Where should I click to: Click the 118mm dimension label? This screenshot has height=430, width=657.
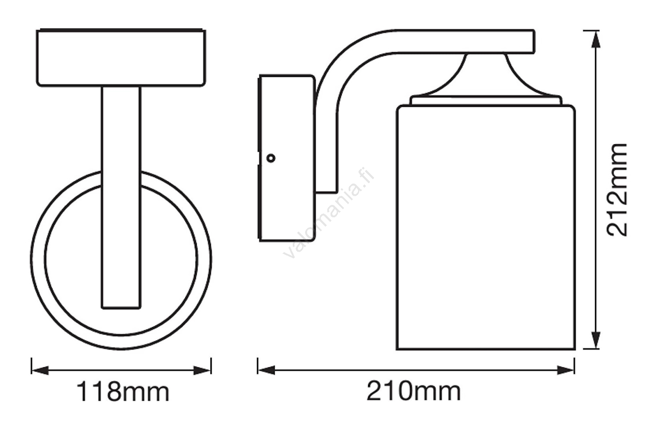123,392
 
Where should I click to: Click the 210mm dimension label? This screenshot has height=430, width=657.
413,391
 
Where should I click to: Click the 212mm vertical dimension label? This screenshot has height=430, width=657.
616,190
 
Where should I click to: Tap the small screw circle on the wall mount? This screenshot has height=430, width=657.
271,159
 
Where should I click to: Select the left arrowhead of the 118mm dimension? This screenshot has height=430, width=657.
40,370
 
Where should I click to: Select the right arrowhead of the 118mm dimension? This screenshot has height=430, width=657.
202,370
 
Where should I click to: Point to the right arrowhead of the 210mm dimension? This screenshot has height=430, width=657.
565,370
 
